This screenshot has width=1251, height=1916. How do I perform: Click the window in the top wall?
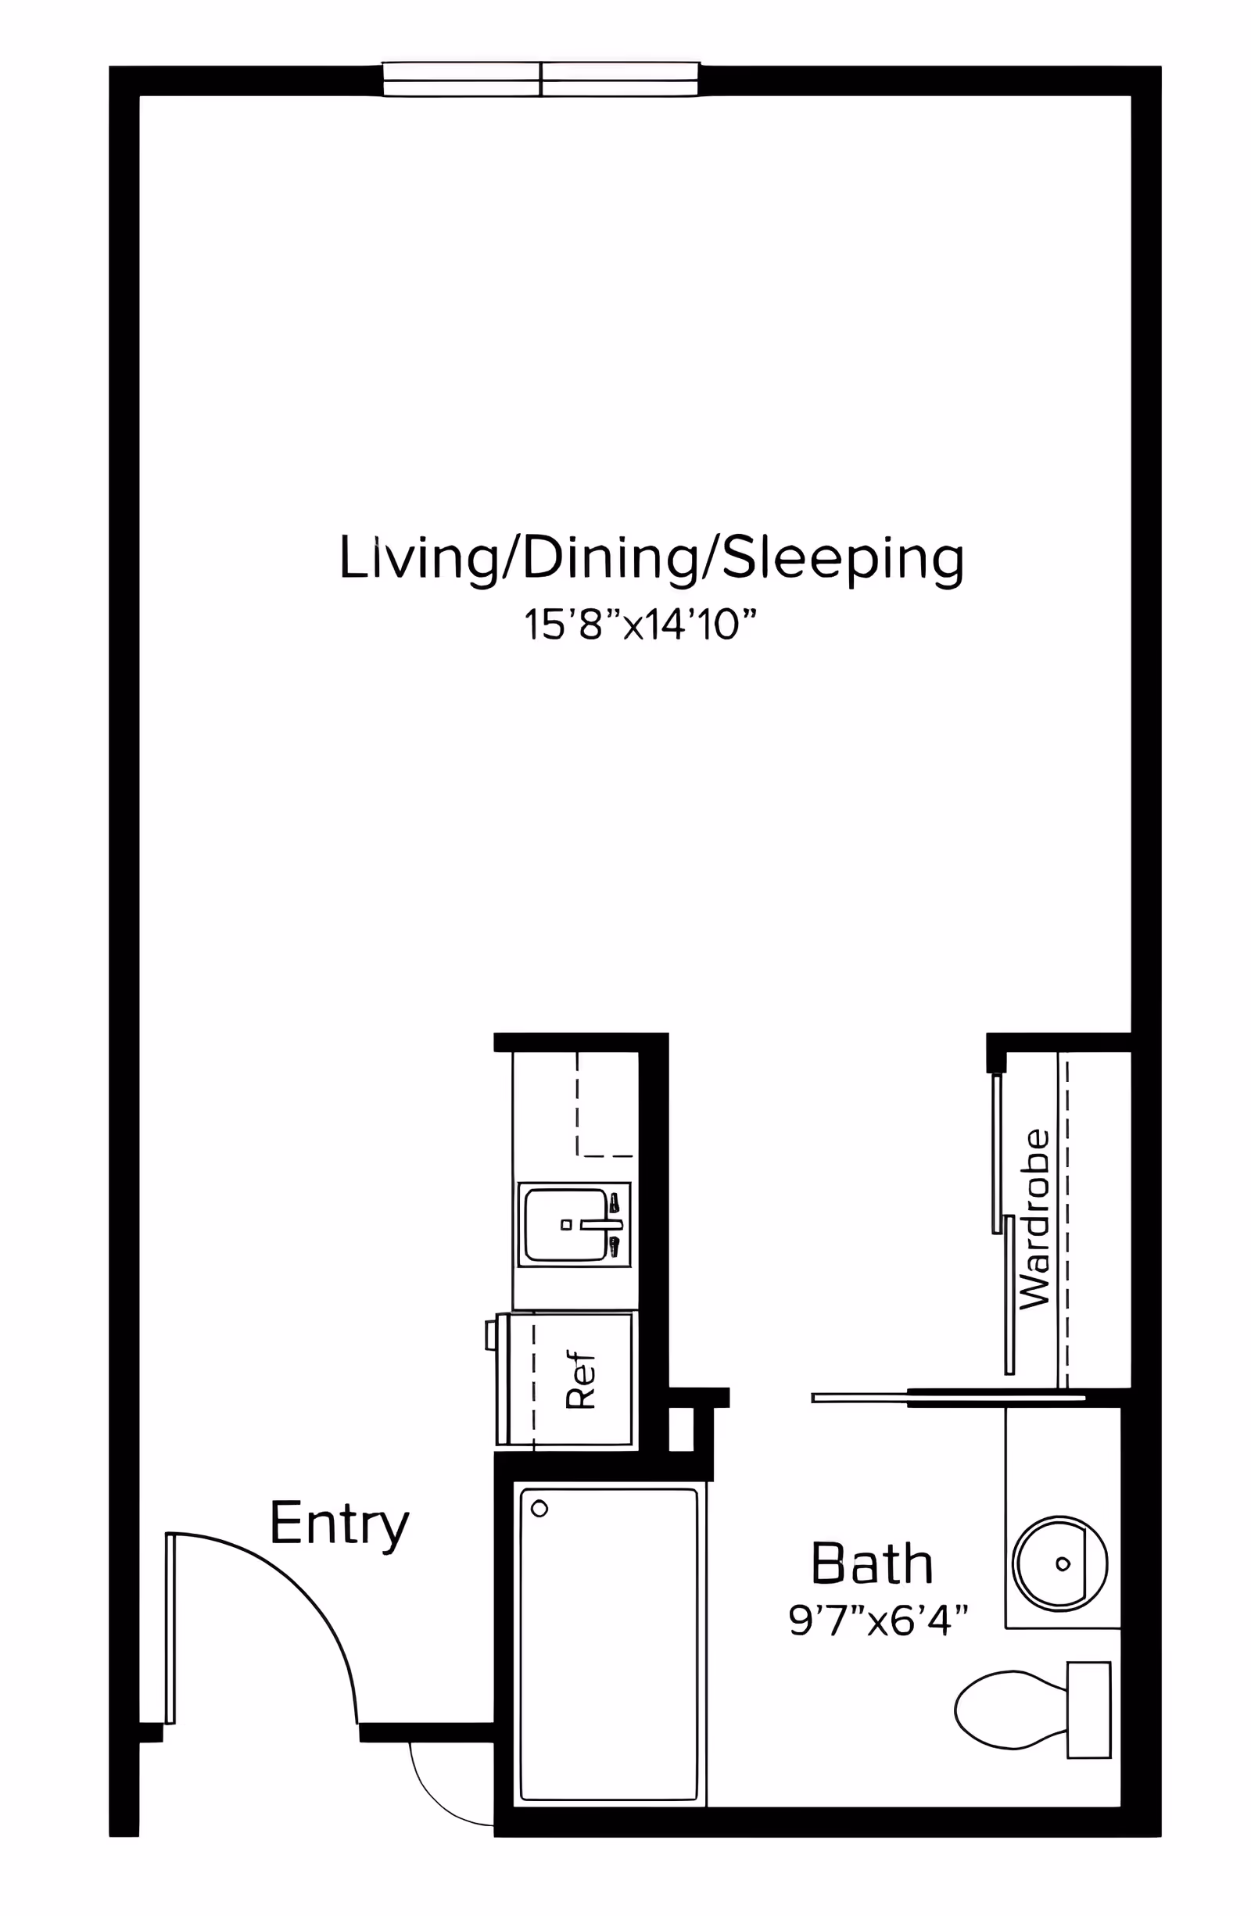click(x=540, y=80)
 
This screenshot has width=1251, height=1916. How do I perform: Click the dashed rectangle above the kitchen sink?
click(x=605, y=1103)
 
